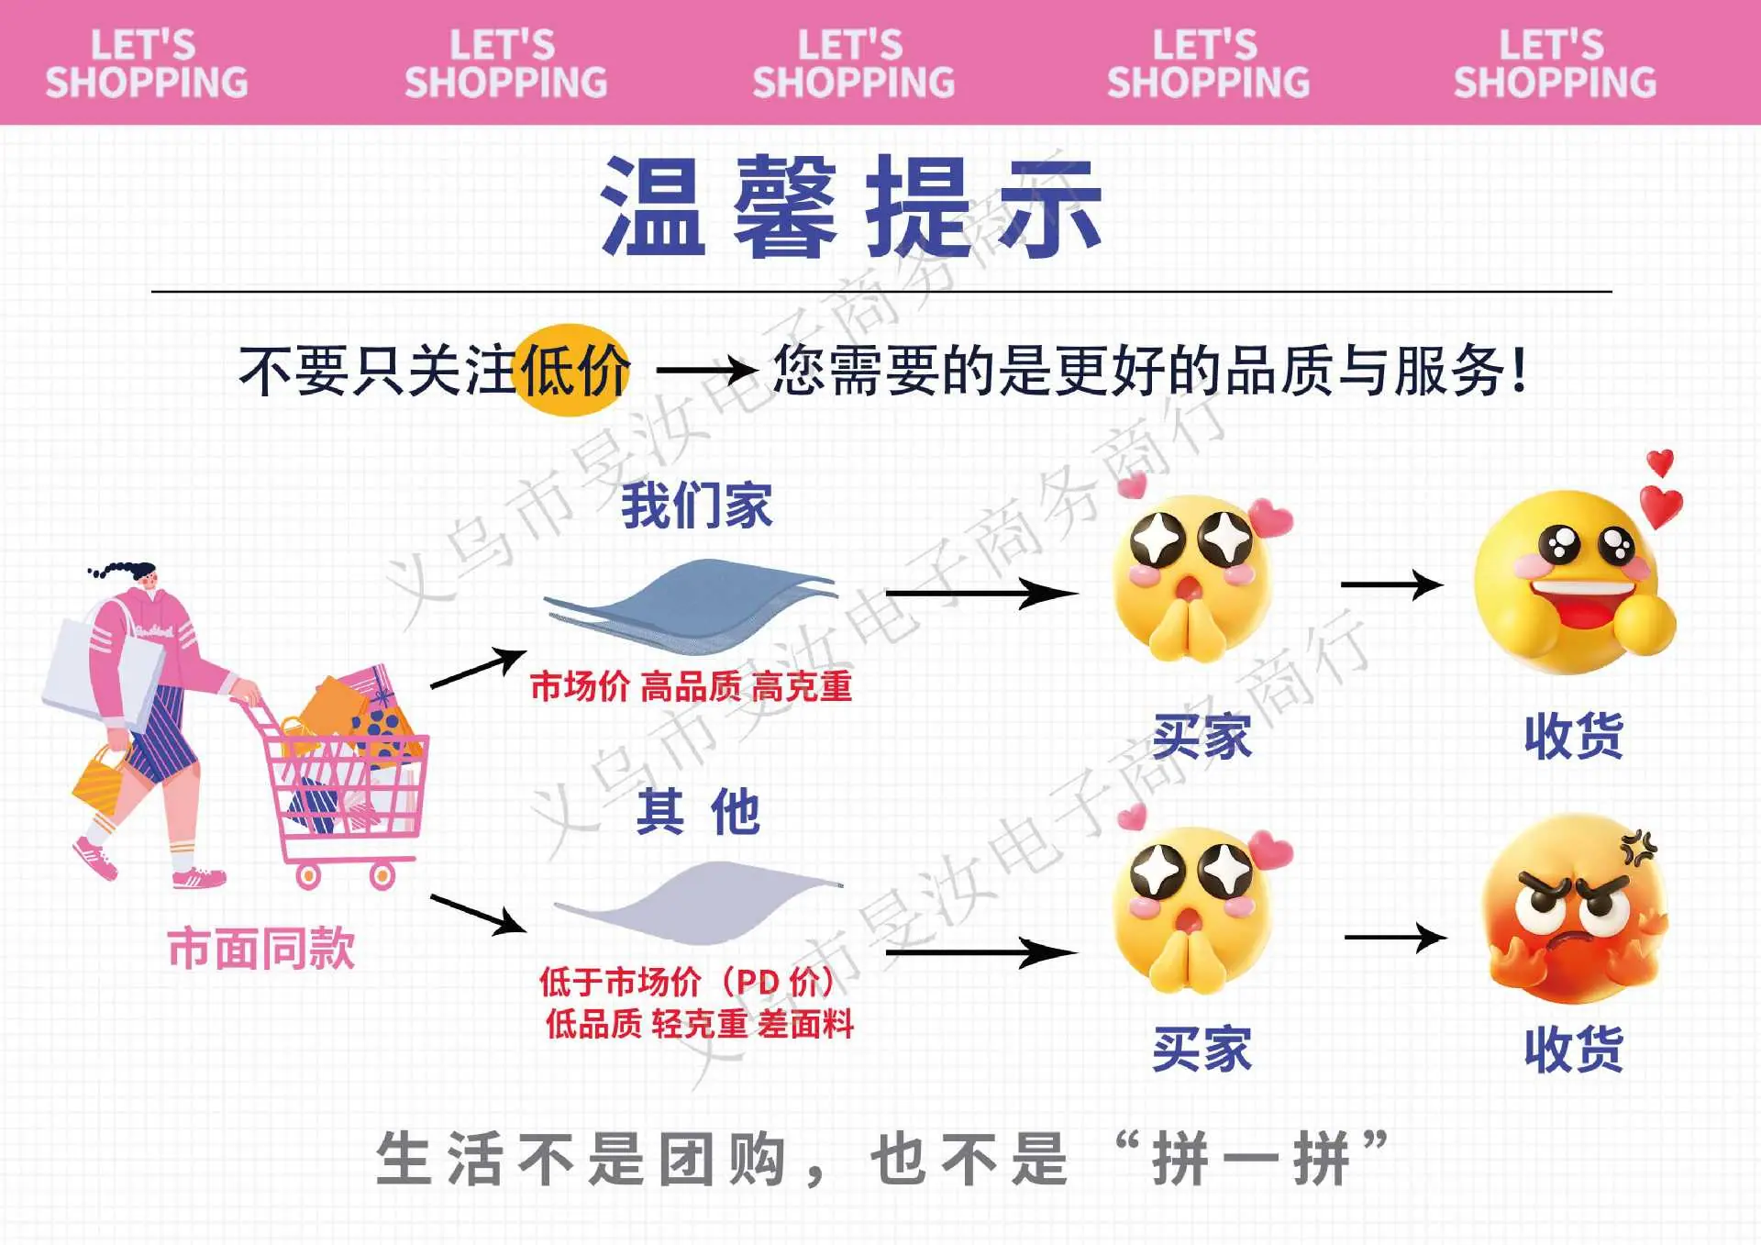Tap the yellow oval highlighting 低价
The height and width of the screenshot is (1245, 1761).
573,370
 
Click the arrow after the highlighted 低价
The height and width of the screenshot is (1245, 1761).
707,371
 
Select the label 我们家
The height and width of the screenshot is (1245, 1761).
696,506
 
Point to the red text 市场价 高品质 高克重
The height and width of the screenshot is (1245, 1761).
692,686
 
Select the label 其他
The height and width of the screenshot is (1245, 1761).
698,811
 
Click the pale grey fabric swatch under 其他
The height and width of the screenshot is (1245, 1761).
698,903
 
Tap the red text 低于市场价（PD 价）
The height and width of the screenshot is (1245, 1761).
687,982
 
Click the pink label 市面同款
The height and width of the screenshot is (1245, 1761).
261,948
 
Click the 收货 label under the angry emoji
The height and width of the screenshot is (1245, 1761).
1574,1050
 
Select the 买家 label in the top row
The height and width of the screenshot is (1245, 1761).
1202,737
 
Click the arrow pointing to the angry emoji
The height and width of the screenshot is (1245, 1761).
1396,938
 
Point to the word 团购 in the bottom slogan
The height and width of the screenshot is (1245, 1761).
723,1160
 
